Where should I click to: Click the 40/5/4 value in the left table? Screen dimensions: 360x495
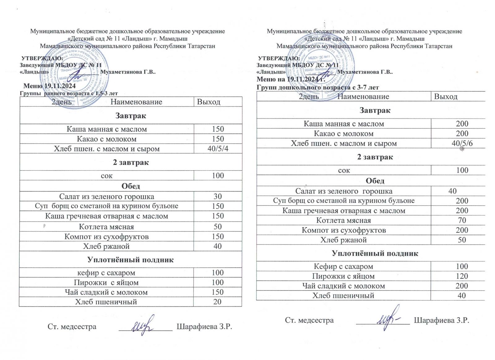point(218,149)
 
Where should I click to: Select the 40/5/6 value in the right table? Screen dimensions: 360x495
point(462,143)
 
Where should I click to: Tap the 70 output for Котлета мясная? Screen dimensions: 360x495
point(462,220)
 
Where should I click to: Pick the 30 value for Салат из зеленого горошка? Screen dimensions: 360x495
point(218,197)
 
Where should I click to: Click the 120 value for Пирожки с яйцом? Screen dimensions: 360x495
point(462,276)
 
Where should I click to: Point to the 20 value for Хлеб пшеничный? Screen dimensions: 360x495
point(217,302)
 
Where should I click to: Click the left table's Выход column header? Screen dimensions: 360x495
point(209,102)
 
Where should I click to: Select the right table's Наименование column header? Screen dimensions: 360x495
point(363,97)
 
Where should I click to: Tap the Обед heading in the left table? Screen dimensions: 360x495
point(131,186)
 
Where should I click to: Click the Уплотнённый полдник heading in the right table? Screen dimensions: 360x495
point(375,253)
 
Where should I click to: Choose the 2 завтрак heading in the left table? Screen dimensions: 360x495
point(131,163)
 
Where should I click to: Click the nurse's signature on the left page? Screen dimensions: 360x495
point(143,325)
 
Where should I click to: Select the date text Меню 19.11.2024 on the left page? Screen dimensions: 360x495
point(49,86)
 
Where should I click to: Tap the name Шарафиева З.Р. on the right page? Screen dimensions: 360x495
point(441,320)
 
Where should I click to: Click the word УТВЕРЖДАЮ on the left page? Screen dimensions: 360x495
point(42,58)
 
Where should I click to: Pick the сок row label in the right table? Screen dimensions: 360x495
point(344,170)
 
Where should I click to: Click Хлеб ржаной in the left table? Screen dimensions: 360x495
point(106,246)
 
